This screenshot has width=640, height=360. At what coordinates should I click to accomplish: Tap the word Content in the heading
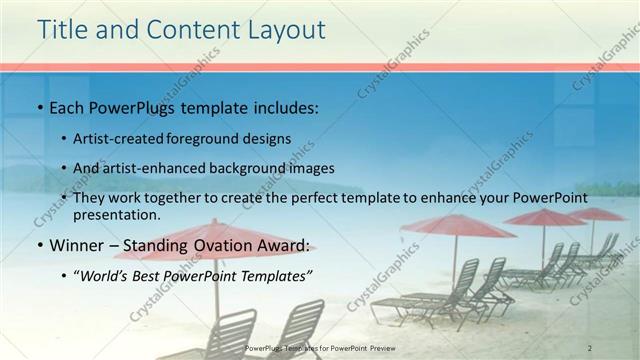pyautogui.click(x=188, y=30)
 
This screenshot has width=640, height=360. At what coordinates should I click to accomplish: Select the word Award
pyautogui.click(x=287, y=245)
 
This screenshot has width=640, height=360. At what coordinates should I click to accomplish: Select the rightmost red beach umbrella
pyautogui.click(x=596, y=214)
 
